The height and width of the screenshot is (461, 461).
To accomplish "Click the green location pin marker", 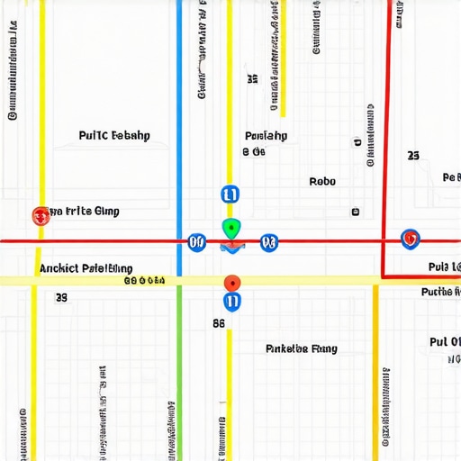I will point(230,227).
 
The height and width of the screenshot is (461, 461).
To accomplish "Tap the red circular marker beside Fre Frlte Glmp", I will point(41,215).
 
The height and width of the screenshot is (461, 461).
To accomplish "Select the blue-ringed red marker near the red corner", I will point(410,239).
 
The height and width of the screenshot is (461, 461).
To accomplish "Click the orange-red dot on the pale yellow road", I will point(231,282).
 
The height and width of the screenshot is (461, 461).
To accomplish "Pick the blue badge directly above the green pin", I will point(230,194).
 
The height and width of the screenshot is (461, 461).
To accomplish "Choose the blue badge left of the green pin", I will point(196,241).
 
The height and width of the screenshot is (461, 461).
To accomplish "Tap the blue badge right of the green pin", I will point(267,241).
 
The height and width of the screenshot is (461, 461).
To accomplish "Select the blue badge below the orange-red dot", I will point(231,302).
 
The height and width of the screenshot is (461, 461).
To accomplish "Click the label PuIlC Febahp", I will point(114,136).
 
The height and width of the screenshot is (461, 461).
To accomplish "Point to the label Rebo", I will point(322,181).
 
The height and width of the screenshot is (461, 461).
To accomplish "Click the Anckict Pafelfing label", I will point(86,268).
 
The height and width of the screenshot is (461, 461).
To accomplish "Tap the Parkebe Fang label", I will point(302,348).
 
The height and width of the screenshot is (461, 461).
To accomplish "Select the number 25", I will point(413,156).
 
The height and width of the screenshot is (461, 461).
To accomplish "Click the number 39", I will point(61,297).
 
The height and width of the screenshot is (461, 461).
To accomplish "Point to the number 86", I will point(219,322).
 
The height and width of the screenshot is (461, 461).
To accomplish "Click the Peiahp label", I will point(266,136).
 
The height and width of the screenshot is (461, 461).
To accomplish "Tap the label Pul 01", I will point(445,342).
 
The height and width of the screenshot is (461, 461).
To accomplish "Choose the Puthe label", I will point(441,292).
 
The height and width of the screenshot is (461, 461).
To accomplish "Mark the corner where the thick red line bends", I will point(384,276).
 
